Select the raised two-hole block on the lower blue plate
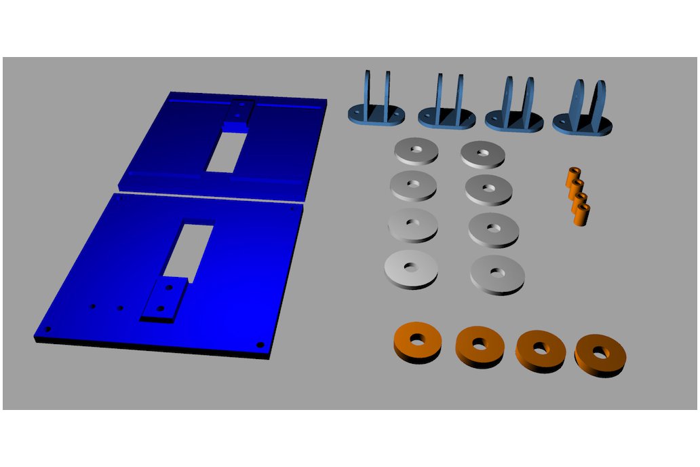click(163, 300)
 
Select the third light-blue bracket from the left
click(515, 109)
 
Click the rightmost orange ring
click(600, 354)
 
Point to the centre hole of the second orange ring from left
click(480, 343)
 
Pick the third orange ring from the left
click(540, 349)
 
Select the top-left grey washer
click(416, 150)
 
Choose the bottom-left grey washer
click(411, 267)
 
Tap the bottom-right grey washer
click(497, 273)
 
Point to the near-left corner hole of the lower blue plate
click(49, 329)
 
